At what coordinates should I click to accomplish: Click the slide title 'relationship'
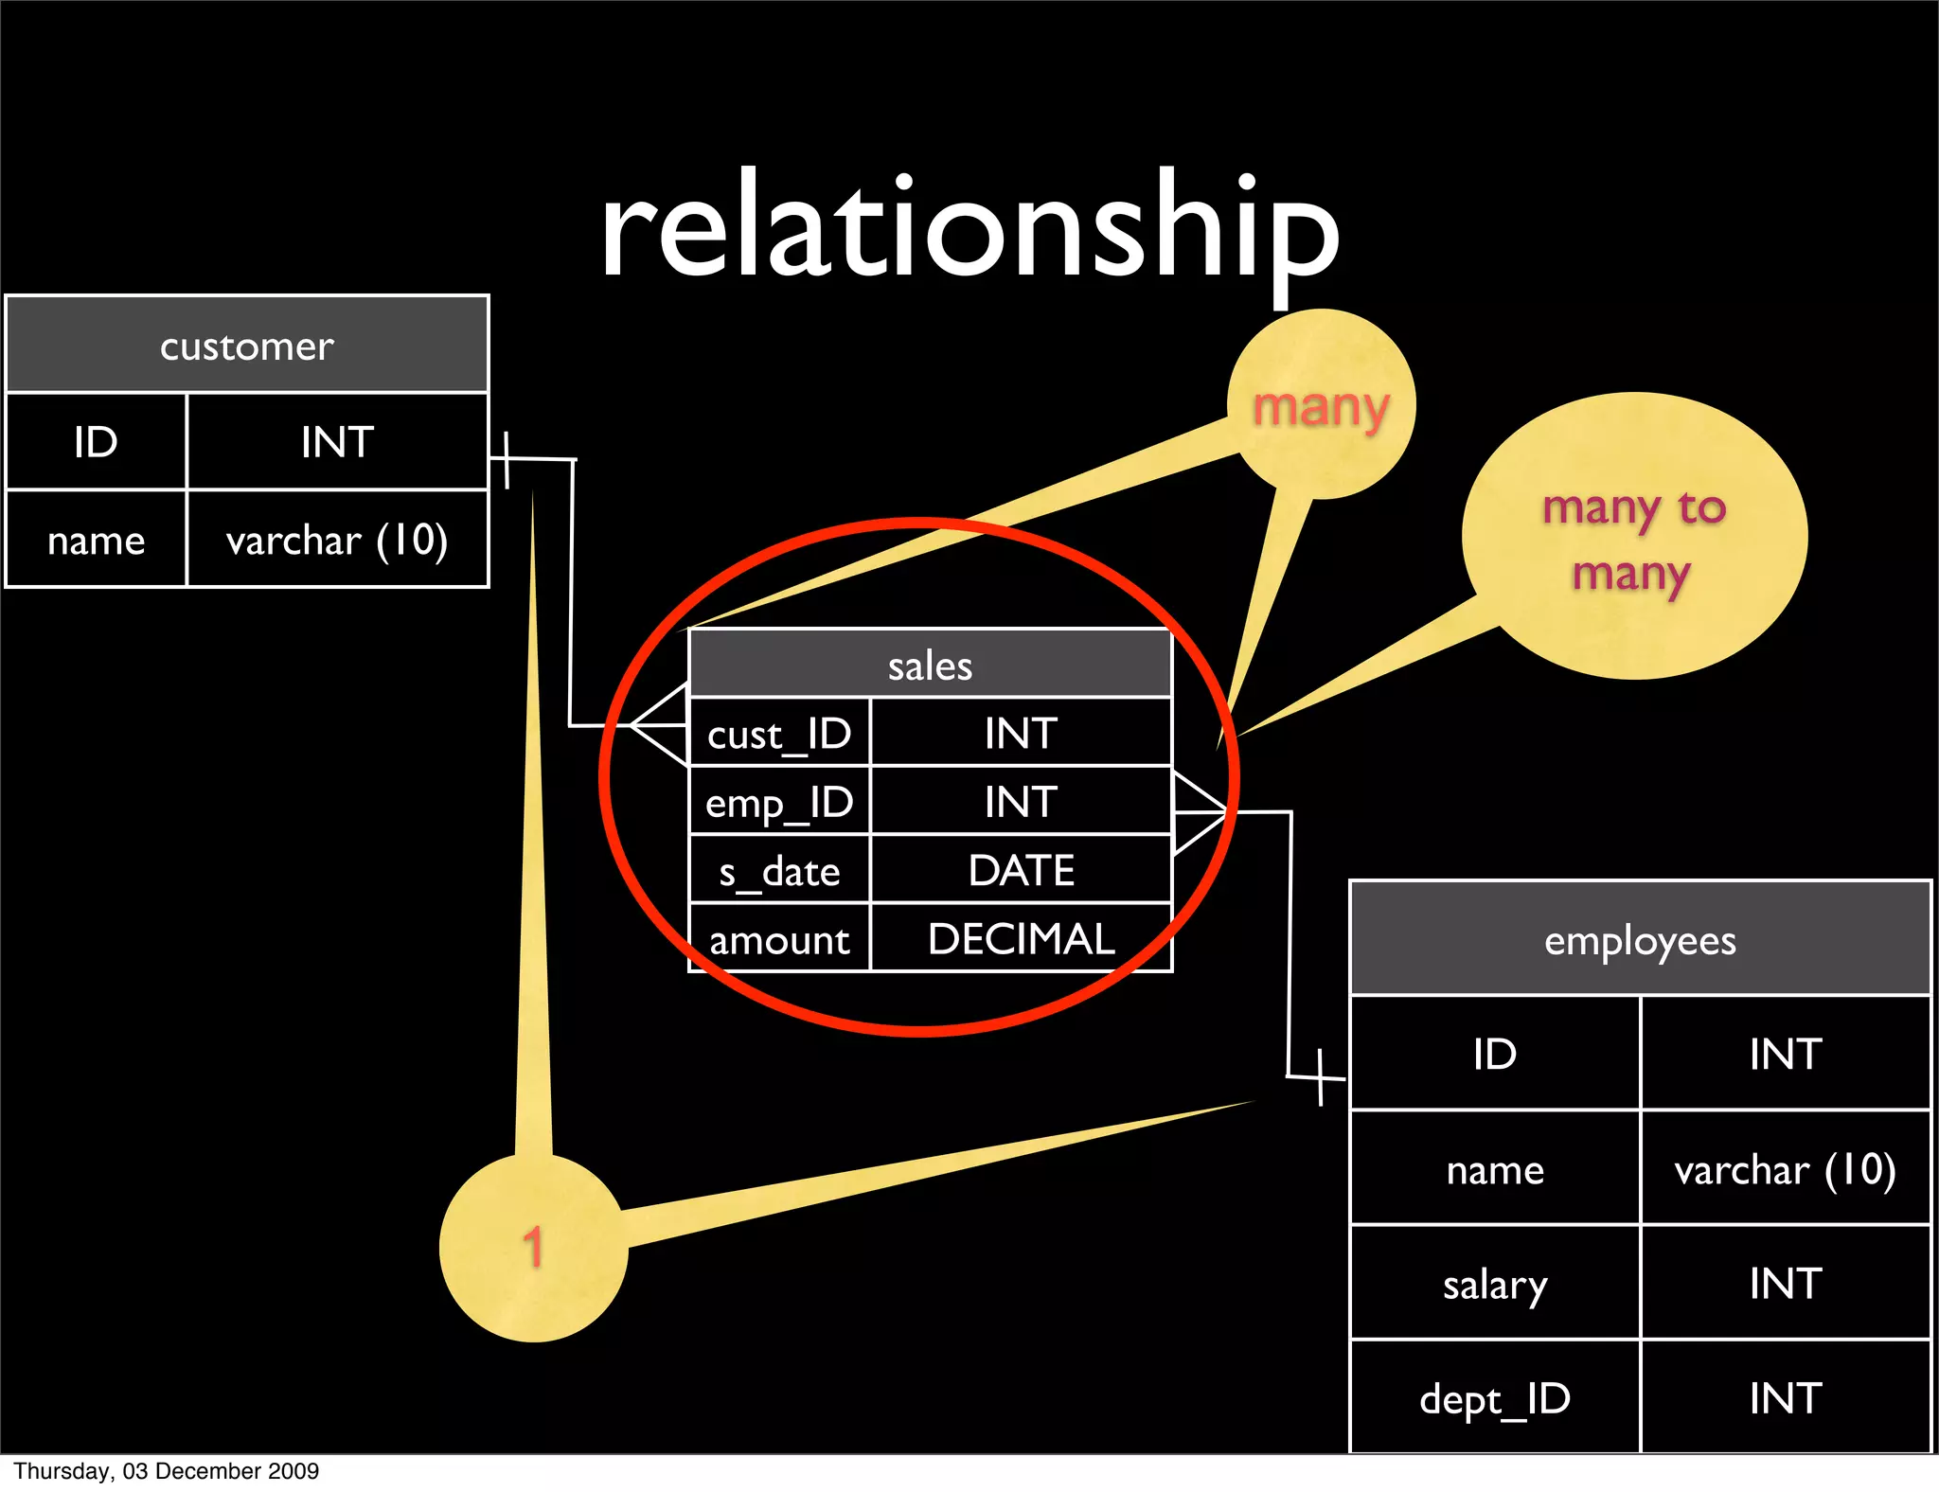969,232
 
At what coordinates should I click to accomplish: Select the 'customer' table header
247,346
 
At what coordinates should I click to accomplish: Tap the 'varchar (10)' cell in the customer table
337,540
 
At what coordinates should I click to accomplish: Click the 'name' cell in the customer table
97,540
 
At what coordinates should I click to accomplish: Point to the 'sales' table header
930,666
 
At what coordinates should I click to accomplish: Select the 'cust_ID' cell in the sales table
779,734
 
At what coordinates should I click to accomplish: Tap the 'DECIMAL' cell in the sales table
1021,939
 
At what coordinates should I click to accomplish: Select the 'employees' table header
1640,940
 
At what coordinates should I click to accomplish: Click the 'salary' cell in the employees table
1495,1285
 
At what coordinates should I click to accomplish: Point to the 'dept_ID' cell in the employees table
1495,1398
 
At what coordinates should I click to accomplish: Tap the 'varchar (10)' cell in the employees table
1785,1170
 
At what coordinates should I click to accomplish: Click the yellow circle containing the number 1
533,1248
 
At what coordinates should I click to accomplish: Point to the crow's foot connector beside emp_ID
1199,812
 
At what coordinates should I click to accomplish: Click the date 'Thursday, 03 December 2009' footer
167,1471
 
